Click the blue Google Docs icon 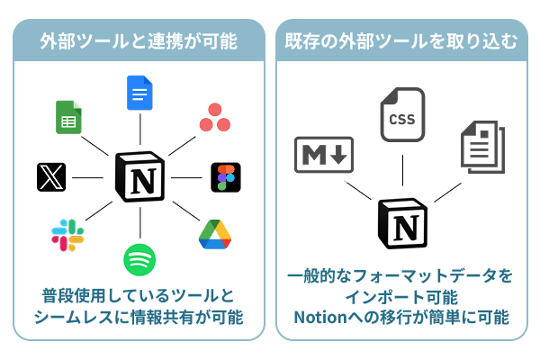140,94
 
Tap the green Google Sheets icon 69,117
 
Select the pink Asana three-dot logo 214,118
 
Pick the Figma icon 224,177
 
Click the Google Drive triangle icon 215,234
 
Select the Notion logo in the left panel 140,177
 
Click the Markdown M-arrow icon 324,156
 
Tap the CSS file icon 402,114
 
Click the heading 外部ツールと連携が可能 139,40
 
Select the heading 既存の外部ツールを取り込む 400,40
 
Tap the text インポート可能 400,296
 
